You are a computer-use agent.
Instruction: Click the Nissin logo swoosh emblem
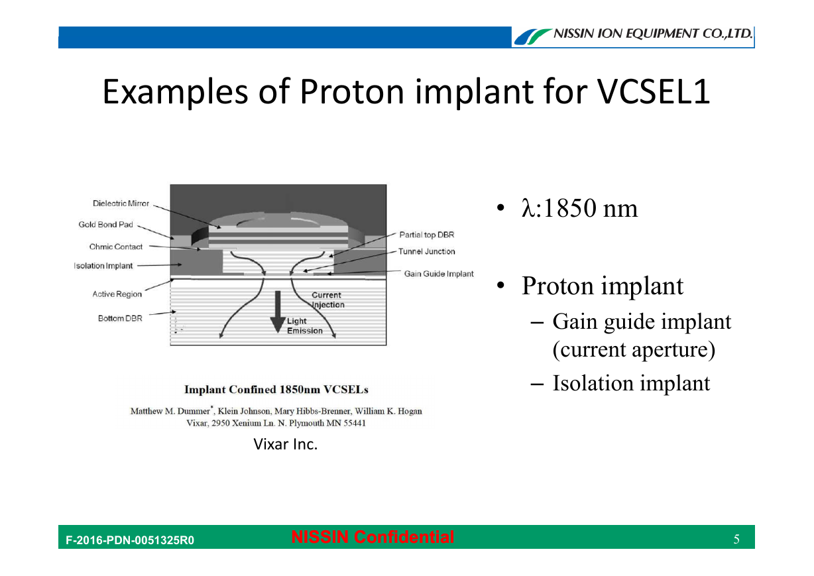(532, 36)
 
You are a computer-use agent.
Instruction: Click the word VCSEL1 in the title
(654, 92)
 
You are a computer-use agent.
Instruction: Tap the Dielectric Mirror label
(121, 203)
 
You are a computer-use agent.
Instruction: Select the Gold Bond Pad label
(106, 225)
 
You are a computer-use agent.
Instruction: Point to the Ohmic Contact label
(116, 247)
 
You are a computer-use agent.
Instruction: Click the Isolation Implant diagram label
(103, 266)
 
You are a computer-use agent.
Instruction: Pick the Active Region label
(117, 294)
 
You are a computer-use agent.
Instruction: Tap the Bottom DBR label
(120, 318)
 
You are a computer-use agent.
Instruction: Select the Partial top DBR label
(427, 235)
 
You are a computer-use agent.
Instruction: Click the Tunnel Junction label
(426, 251)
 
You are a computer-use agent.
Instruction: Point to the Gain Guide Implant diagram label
(439, 274)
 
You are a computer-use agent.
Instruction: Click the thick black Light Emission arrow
(278, 312)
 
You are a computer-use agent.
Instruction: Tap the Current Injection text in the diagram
(327, 300)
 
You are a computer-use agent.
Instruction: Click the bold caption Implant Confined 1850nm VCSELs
(276, 390)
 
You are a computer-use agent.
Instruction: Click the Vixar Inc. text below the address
(285, 444)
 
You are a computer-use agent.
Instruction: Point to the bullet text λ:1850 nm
(579, 208)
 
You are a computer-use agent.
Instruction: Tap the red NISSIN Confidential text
(373, 537)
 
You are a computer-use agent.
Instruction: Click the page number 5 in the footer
(736, 539)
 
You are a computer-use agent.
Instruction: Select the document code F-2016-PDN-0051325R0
(130, 540)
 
